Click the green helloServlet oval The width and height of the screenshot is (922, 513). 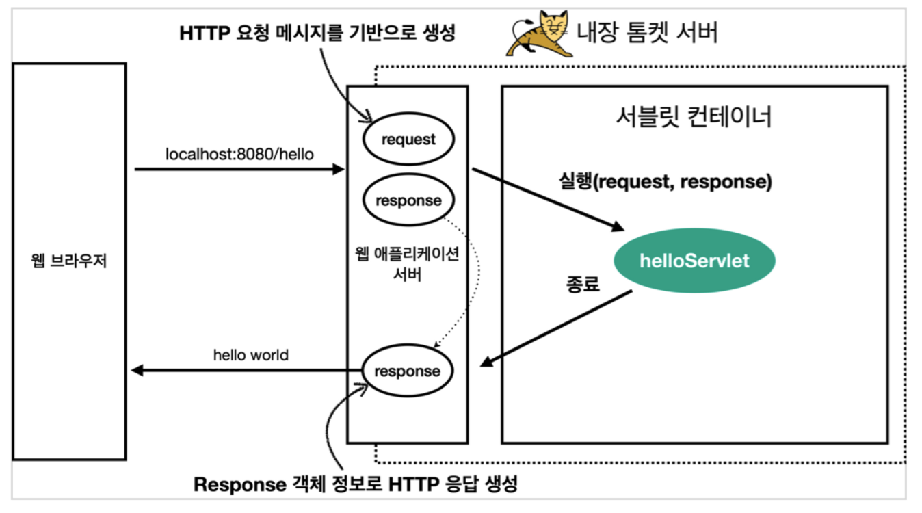694,261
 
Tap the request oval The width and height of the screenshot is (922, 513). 408,140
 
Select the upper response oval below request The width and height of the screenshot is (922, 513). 408,201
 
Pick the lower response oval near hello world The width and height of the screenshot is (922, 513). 408,371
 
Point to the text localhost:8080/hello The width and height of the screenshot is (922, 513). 239,154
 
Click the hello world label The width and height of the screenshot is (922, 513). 251,355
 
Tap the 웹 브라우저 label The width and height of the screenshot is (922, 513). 69,261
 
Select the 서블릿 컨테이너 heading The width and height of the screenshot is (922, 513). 694,117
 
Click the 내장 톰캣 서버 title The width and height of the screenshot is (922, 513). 647,32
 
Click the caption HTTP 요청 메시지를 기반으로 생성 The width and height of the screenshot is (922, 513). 317,32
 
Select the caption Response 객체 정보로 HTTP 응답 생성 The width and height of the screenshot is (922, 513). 356,485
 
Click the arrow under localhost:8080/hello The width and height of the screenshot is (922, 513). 239,168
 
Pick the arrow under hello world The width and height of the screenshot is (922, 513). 246,371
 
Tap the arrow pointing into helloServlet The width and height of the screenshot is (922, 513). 547,198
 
